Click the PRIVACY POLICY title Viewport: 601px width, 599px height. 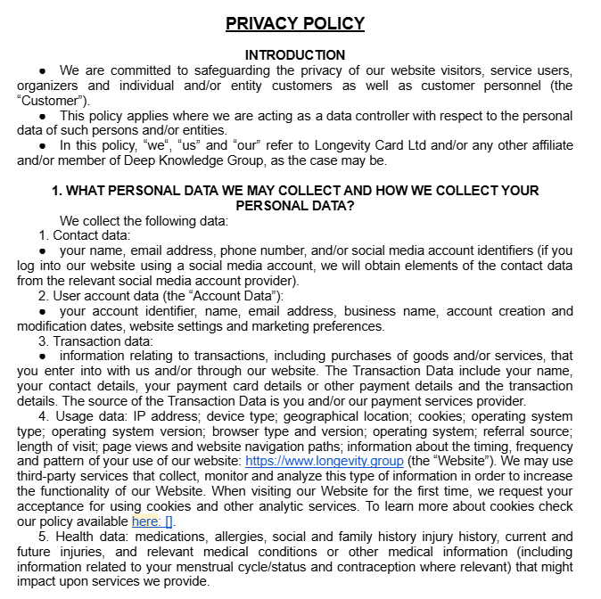(295, 23)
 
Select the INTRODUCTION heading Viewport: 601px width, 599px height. (295, 55)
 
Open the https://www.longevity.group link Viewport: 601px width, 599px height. (324, 461)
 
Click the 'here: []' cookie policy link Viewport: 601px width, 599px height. (152, 521)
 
